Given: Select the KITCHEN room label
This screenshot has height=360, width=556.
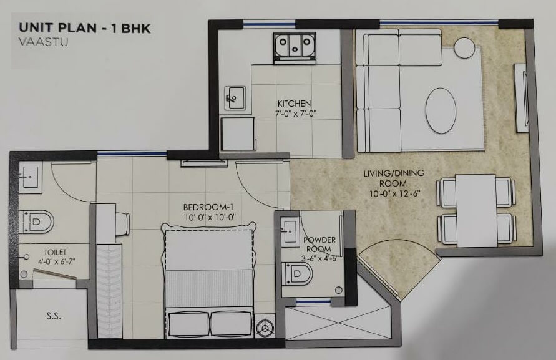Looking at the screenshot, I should pyautogui.click(x=294, y=103).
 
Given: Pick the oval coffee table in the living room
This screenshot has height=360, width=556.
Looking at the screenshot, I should pyautogui.click(x=441, y=109).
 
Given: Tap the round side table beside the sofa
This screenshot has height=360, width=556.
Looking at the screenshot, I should pyautogui.click(x=464, y=47).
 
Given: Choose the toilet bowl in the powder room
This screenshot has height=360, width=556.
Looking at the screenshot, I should pyautogui.click(x=298, y=273).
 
